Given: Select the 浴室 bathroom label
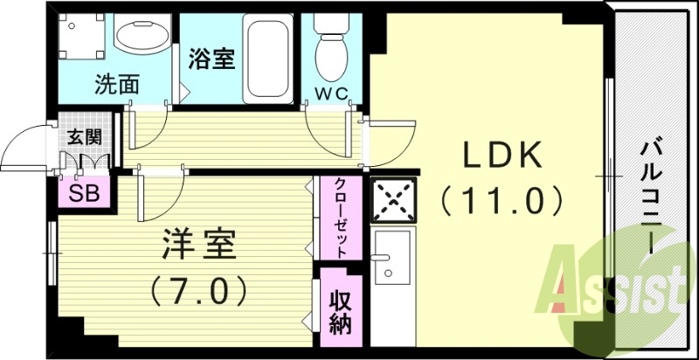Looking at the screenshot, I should coord(210,59).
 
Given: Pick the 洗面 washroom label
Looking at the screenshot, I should coord(117,86).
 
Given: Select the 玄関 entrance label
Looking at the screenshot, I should coord(84,136).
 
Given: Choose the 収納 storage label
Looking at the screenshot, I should coord(340,309).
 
